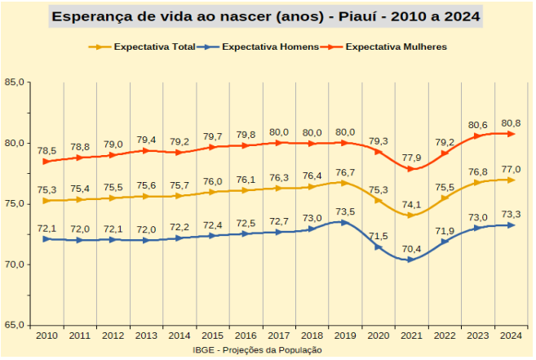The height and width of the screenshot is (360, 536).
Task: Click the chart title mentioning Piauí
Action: click(266, 16)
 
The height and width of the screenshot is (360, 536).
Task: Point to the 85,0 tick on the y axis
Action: click(14, 82)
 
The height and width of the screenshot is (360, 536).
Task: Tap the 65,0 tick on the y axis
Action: click(14, 325)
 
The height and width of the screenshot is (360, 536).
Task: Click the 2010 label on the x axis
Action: click(47, 336)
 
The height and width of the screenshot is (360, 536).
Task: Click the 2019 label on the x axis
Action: click(345, 336)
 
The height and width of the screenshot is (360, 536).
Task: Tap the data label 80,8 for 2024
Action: click(510, 122)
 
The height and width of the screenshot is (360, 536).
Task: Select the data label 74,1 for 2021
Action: click(411, 204)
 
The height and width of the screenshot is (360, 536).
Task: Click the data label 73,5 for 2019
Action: click(345, 211)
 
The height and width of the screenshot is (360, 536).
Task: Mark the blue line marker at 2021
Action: click(410, 260)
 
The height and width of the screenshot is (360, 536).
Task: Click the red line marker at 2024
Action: click(511, 134)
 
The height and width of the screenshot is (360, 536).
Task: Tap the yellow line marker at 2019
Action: click(345, 183)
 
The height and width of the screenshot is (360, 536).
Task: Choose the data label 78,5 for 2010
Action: click(47, 150)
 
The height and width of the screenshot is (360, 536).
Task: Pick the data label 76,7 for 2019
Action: click(345, 172)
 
